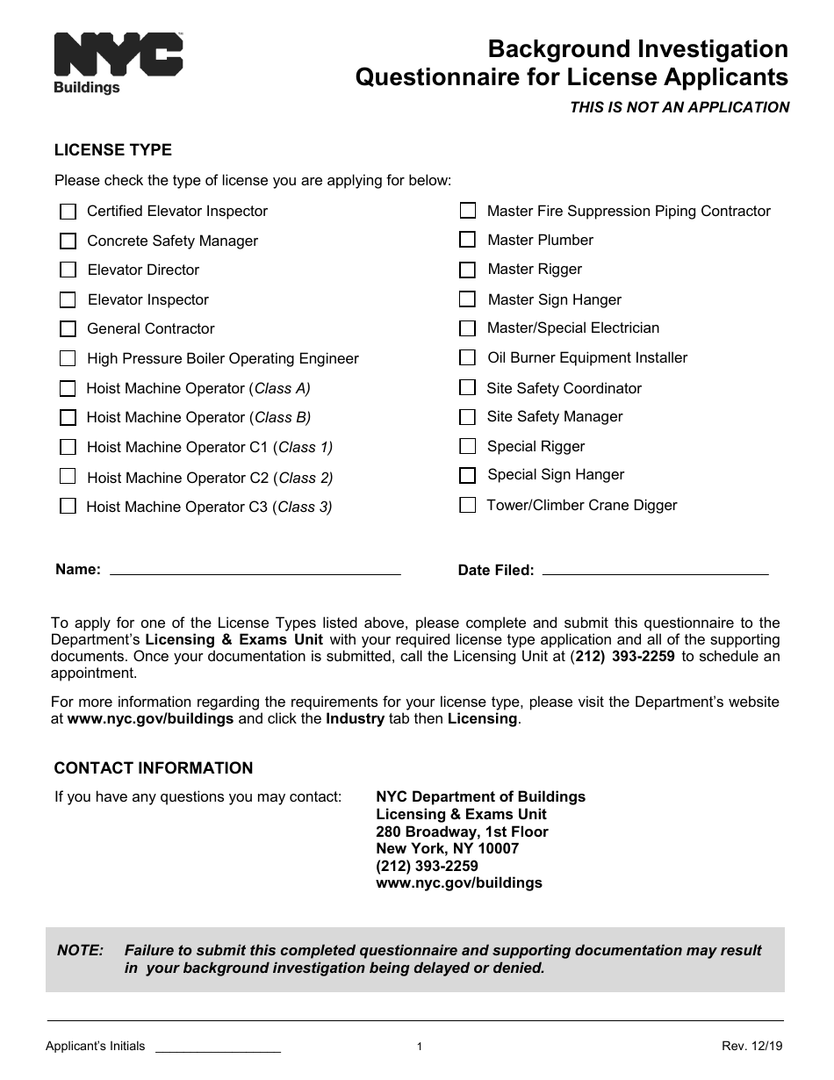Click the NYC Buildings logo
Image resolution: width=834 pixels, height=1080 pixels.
pos(118,62)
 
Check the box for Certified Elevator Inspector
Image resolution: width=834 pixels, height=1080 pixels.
pos(68,212)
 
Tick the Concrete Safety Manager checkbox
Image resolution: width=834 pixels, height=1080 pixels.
pos(68,241)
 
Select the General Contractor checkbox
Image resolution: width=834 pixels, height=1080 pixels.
pos(68,329)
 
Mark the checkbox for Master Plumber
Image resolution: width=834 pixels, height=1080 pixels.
pos(468,240)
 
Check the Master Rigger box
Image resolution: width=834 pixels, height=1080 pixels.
pos(468,270)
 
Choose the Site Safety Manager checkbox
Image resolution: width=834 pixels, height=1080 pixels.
pos(468,417)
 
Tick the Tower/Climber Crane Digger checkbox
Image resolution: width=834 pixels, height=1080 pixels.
pos(468,505)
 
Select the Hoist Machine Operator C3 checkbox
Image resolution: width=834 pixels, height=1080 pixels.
pos(68,506)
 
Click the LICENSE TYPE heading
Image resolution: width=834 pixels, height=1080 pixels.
pos(113,150)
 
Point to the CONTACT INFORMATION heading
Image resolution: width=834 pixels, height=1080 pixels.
pos(154,768)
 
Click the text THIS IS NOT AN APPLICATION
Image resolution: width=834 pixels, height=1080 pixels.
pos(679,107)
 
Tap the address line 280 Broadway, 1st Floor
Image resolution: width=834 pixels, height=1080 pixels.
pos(462,832)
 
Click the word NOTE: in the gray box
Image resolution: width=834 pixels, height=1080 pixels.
pos(80,950)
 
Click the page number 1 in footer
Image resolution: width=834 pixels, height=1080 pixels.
pos(420,1047)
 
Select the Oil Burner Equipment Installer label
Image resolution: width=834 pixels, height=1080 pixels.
pos(587,357)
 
